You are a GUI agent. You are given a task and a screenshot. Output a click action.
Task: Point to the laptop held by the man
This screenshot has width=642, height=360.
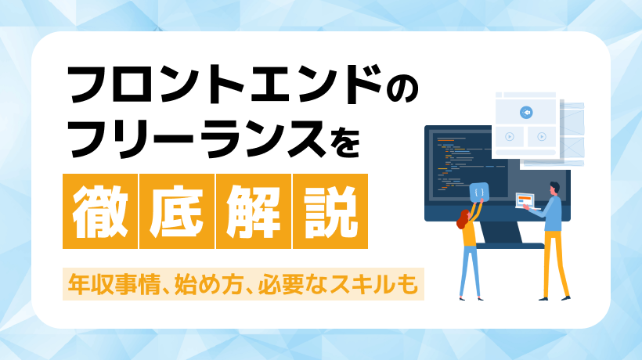527,201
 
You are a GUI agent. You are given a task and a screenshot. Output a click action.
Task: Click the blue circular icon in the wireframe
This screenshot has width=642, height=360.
526,111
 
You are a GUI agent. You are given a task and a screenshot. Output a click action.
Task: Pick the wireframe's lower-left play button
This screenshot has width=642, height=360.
510,135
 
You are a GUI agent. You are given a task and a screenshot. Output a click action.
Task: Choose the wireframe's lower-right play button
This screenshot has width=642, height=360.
541,135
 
